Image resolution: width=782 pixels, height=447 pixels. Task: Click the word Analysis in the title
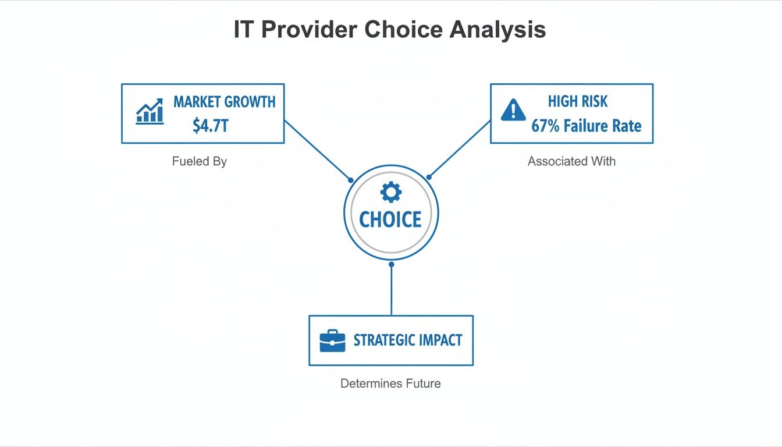[x=497, y=30]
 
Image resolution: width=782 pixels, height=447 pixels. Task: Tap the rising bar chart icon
[x=150, y=111]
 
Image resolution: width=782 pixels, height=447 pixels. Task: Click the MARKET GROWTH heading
[x=225, y=102]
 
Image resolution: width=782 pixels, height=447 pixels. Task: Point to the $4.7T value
[x=210, y=125]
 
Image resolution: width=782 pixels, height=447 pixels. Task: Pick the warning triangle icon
[x=513, y=110]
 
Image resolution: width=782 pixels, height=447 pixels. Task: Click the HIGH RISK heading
[x=578, y=102]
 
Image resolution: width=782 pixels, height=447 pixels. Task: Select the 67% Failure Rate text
[x=586, y=126]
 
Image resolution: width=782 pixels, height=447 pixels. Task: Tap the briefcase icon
[x=332, y=340]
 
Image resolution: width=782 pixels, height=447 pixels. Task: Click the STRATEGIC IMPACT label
[x=408, y=340]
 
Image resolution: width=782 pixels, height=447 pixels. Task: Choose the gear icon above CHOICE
[x=390, y=191]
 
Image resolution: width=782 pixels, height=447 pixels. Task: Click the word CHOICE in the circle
[x=390, y=219]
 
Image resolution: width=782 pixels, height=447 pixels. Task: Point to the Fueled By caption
[x=199, y=161]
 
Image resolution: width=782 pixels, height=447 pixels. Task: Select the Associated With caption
[x=571, y=161]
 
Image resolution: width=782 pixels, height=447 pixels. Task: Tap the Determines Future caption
[x=390, y=384]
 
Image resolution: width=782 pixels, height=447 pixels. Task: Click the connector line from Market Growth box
[x=317, y=150]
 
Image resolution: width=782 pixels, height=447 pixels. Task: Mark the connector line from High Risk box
[x=460, y=149]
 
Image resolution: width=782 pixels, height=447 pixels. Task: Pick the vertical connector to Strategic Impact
[x=391, y=291]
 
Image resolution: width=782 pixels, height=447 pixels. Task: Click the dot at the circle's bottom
[x=391, y=264]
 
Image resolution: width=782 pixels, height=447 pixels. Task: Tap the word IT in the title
[x=243, y=30]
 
